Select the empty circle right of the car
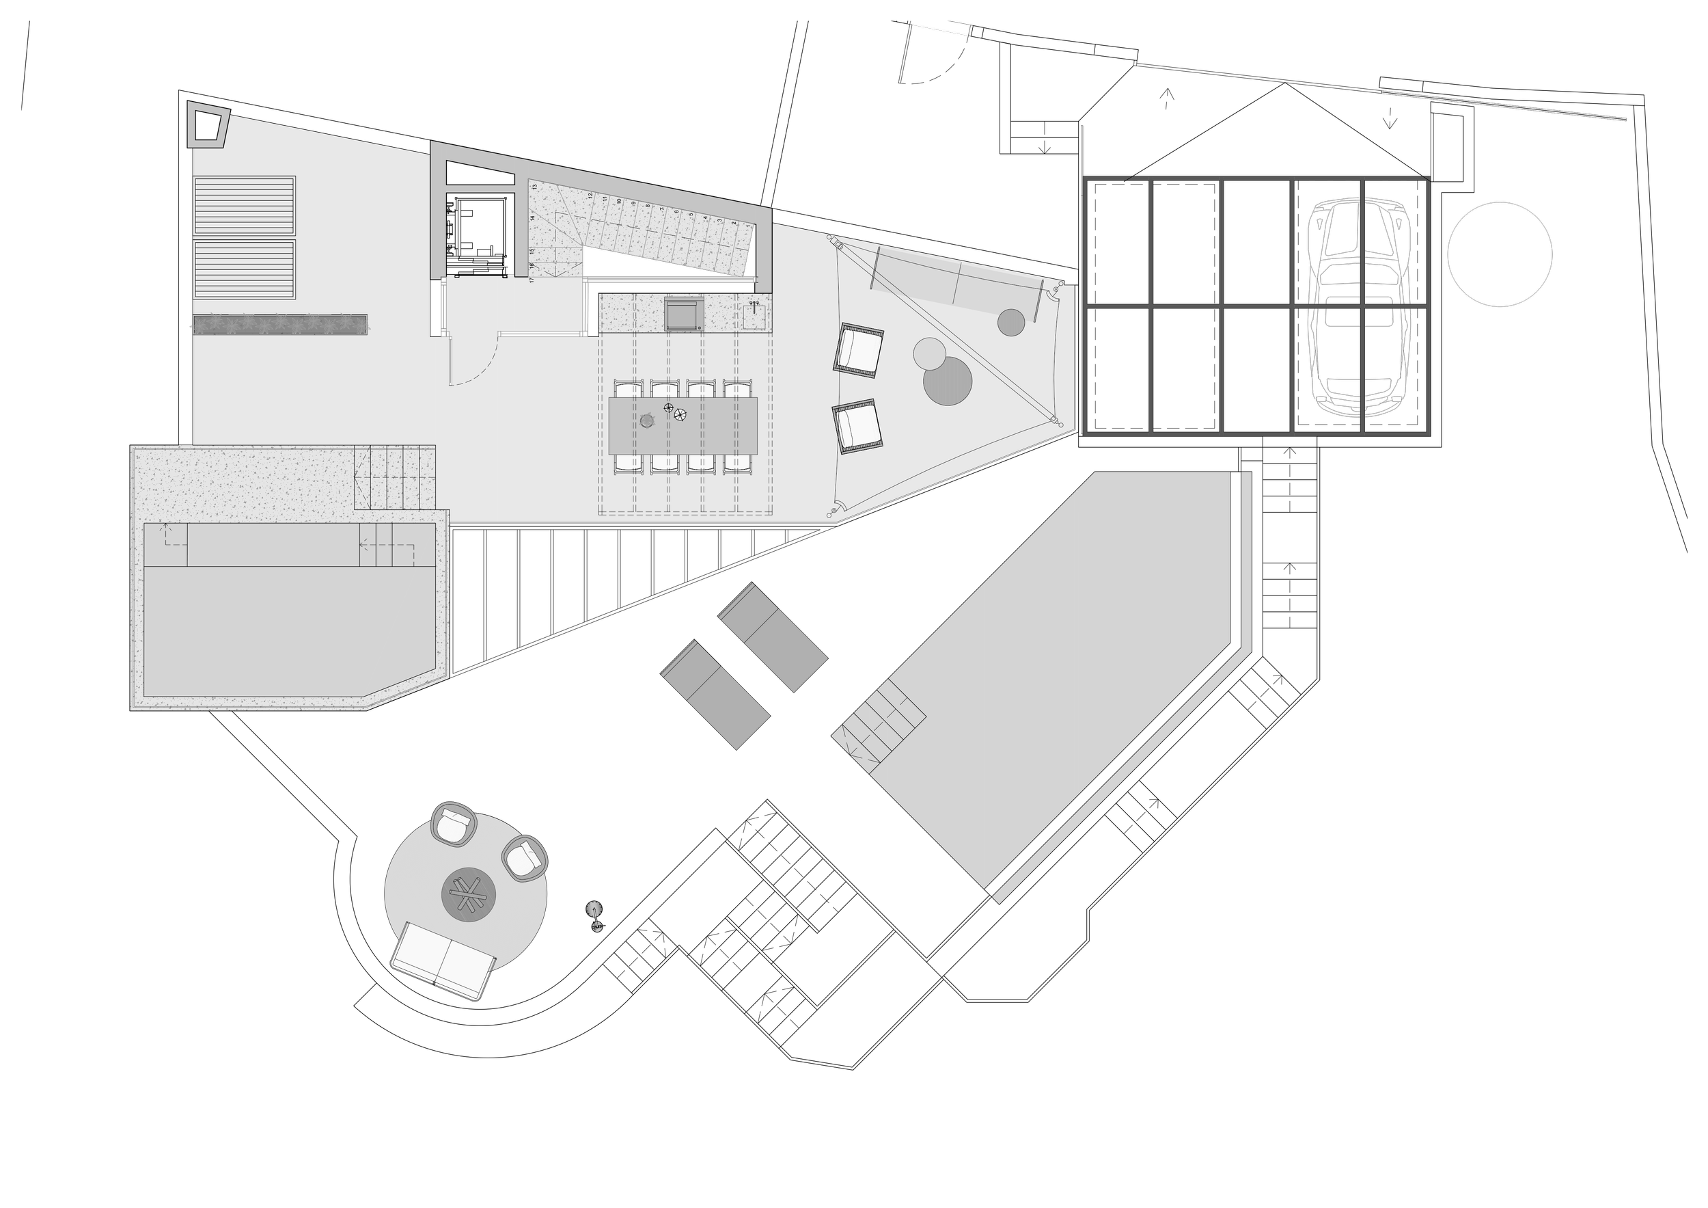[x=1499, y=254]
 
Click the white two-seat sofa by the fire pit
[x=444, y=958]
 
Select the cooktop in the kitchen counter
[x=684, y=313]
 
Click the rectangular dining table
[x=683, y=426]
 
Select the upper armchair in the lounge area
[x=859, y=350]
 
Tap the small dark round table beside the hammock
[x=1011, y=322]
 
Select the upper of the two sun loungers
[x=772, y=636]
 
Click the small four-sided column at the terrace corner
[x=208, y=126]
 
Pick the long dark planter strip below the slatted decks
[x=279, y=323]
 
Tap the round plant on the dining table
[x=646, y=421]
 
